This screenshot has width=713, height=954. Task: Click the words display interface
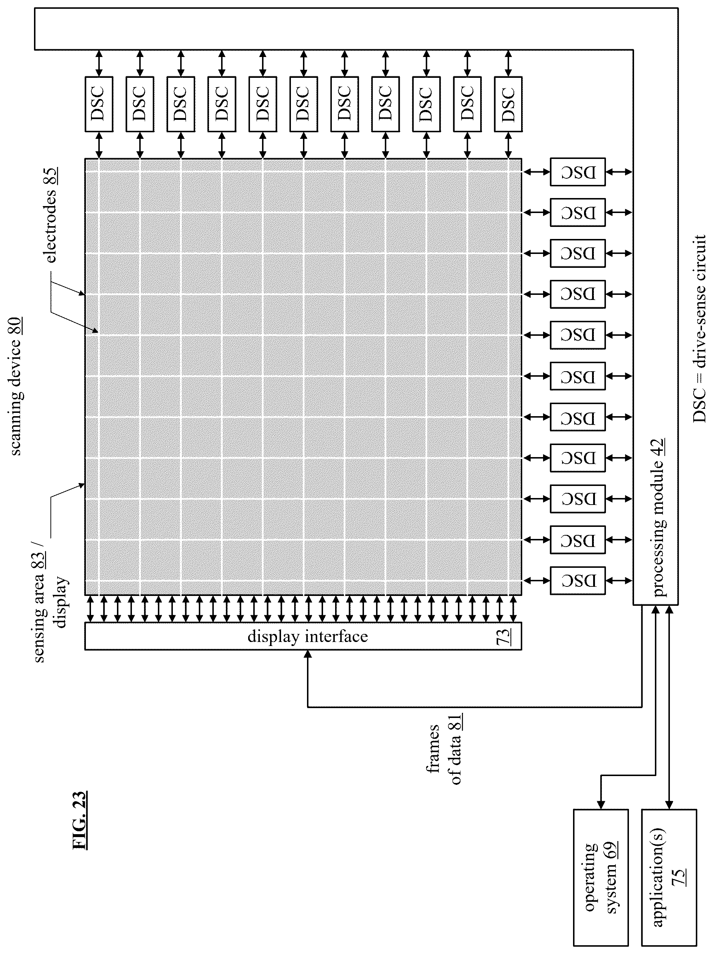(x=308, y=636)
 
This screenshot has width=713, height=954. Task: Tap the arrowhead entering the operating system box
(x=600, y=805)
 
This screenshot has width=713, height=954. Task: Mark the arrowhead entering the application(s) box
(x=669, y=805)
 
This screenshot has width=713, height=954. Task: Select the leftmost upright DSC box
(x=99, y=104)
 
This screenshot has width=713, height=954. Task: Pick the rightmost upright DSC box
(x=508, y=104)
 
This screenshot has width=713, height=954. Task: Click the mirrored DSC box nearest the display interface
(x=577, y=581)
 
